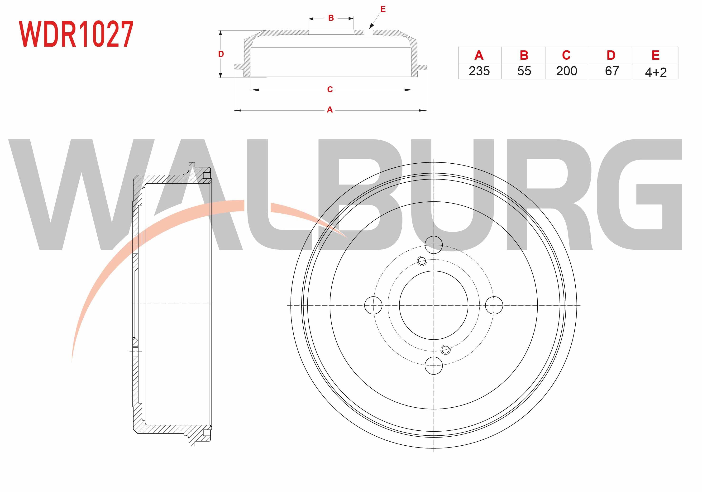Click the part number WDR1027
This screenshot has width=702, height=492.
click(x=76, y=34)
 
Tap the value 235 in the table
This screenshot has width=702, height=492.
click(x=479, y=71)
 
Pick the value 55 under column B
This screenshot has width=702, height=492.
click(x=524, y=71)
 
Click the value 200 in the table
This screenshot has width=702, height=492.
click(x=567, y=71)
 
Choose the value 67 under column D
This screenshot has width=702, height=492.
click(x=612, y=71)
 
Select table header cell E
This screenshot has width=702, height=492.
click(x=655, y=55)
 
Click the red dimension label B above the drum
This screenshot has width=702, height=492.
click(x=331, y=18)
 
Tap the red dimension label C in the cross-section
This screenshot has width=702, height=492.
click(x=330, y=89)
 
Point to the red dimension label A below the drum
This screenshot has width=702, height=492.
click(x=330, y=110)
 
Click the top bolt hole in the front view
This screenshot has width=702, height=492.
click(x=434, y=245)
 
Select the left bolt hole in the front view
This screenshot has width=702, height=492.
click(x=373, y=305)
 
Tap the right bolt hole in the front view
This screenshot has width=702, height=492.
click(x=494, y=305)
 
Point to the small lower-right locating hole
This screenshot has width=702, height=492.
click(x=445, y=349)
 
